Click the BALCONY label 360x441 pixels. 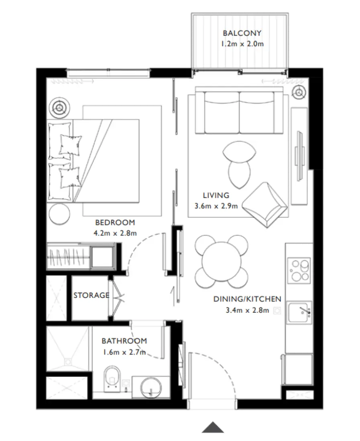click(242, 33)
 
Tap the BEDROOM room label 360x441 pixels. click(115, 223)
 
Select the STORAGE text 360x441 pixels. click(91, 295)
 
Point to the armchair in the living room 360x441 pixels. click(265, 205)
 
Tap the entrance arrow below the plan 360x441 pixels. click(213, 427)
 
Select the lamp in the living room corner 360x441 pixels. click(299, 92)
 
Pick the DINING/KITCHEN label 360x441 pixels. click(247, 299)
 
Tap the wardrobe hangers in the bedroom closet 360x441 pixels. click(68, 256)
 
